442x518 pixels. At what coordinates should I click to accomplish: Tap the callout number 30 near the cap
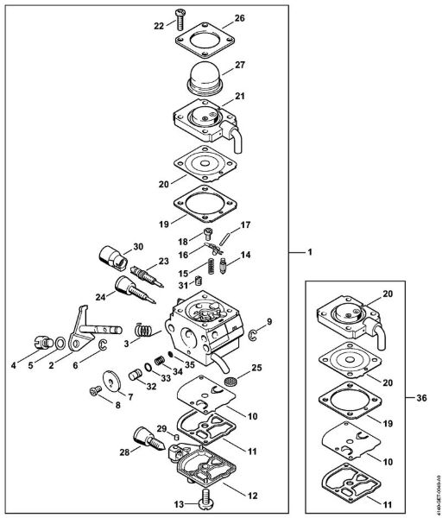[138, 247]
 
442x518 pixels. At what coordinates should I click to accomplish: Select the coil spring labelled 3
[144, 329]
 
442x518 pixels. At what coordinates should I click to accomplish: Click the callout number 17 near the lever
[245, 225]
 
